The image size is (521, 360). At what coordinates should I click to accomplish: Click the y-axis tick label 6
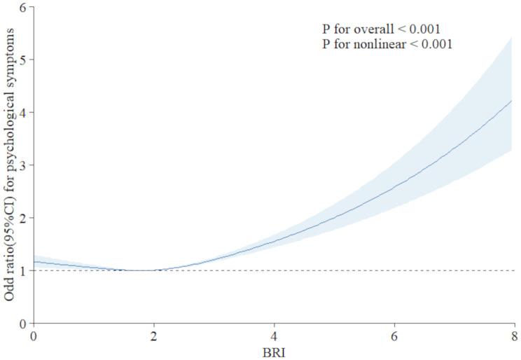click(x=23, y=7)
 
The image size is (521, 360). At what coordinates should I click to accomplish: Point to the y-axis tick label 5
click(x=23, y=60)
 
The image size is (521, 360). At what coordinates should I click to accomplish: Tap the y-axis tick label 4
click(x=23, y=112)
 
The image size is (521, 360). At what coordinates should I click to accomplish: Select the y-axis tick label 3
click(x=23, y=165)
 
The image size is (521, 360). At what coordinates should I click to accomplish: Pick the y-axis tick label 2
click(x=23, y=218)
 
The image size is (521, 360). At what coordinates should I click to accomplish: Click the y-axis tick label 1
click(x=23, y=270)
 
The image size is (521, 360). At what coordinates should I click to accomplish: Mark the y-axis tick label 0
click(x=23, y=324)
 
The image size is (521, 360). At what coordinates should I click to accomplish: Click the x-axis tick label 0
click(x=34, y=335)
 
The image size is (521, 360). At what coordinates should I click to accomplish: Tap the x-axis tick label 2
click(x=154, y=335)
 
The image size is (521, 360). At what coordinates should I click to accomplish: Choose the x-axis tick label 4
click(x=274, y=335)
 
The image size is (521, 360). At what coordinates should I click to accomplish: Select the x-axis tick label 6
click(x=394, y=335)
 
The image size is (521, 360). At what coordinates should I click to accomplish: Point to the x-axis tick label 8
click(x=515, y=335)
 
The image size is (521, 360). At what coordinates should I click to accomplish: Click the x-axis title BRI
click(x=274, y=352)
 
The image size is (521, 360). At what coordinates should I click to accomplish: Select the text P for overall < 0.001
click(x=381, y=29)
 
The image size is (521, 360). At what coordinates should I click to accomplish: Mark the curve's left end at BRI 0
click(x=34, y=262)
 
